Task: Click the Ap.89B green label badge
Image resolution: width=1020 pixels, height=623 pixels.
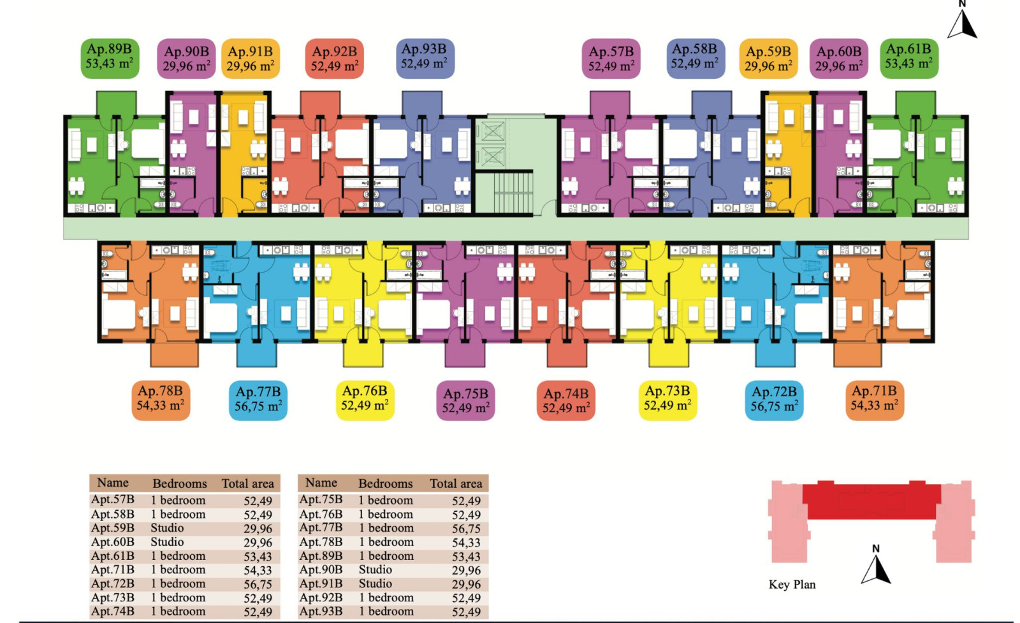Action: click(x=110, y=58)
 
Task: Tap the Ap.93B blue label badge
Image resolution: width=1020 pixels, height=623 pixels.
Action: click(x=425, y=58)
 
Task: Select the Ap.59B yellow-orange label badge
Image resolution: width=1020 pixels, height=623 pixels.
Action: click(x=769, y=59)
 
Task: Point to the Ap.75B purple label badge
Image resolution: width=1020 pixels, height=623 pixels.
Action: click(x=465, y=401)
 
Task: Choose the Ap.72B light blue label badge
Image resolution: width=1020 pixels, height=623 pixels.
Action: click(x=774, y=401)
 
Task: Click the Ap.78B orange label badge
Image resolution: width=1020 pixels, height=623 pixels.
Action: click(x=161, y=401)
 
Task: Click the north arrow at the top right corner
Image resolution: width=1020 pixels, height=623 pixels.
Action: click(x=962, y=20)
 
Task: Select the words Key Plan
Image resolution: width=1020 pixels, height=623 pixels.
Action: click(x=792, y=584)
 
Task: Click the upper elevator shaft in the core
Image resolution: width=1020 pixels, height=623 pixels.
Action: click(x=492, y=131)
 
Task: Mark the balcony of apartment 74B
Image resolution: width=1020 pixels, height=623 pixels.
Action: click(x=567, y=353)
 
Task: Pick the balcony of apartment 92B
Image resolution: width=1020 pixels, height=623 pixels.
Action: click(x=320, y=104)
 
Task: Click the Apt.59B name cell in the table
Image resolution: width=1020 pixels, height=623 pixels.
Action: click(x=112, y=528)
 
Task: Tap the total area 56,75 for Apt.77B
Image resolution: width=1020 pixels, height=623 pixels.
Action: click(x=466, y=529)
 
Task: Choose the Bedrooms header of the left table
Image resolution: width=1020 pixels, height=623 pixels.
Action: click(x=179, y=483)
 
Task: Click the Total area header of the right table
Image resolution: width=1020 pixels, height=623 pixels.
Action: click(x=456, y=483)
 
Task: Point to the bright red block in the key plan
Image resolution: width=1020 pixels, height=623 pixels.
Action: click(x=871, y=501)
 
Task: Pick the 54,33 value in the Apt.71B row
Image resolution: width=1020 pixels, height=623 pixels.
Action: click(x=258, y=570)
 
